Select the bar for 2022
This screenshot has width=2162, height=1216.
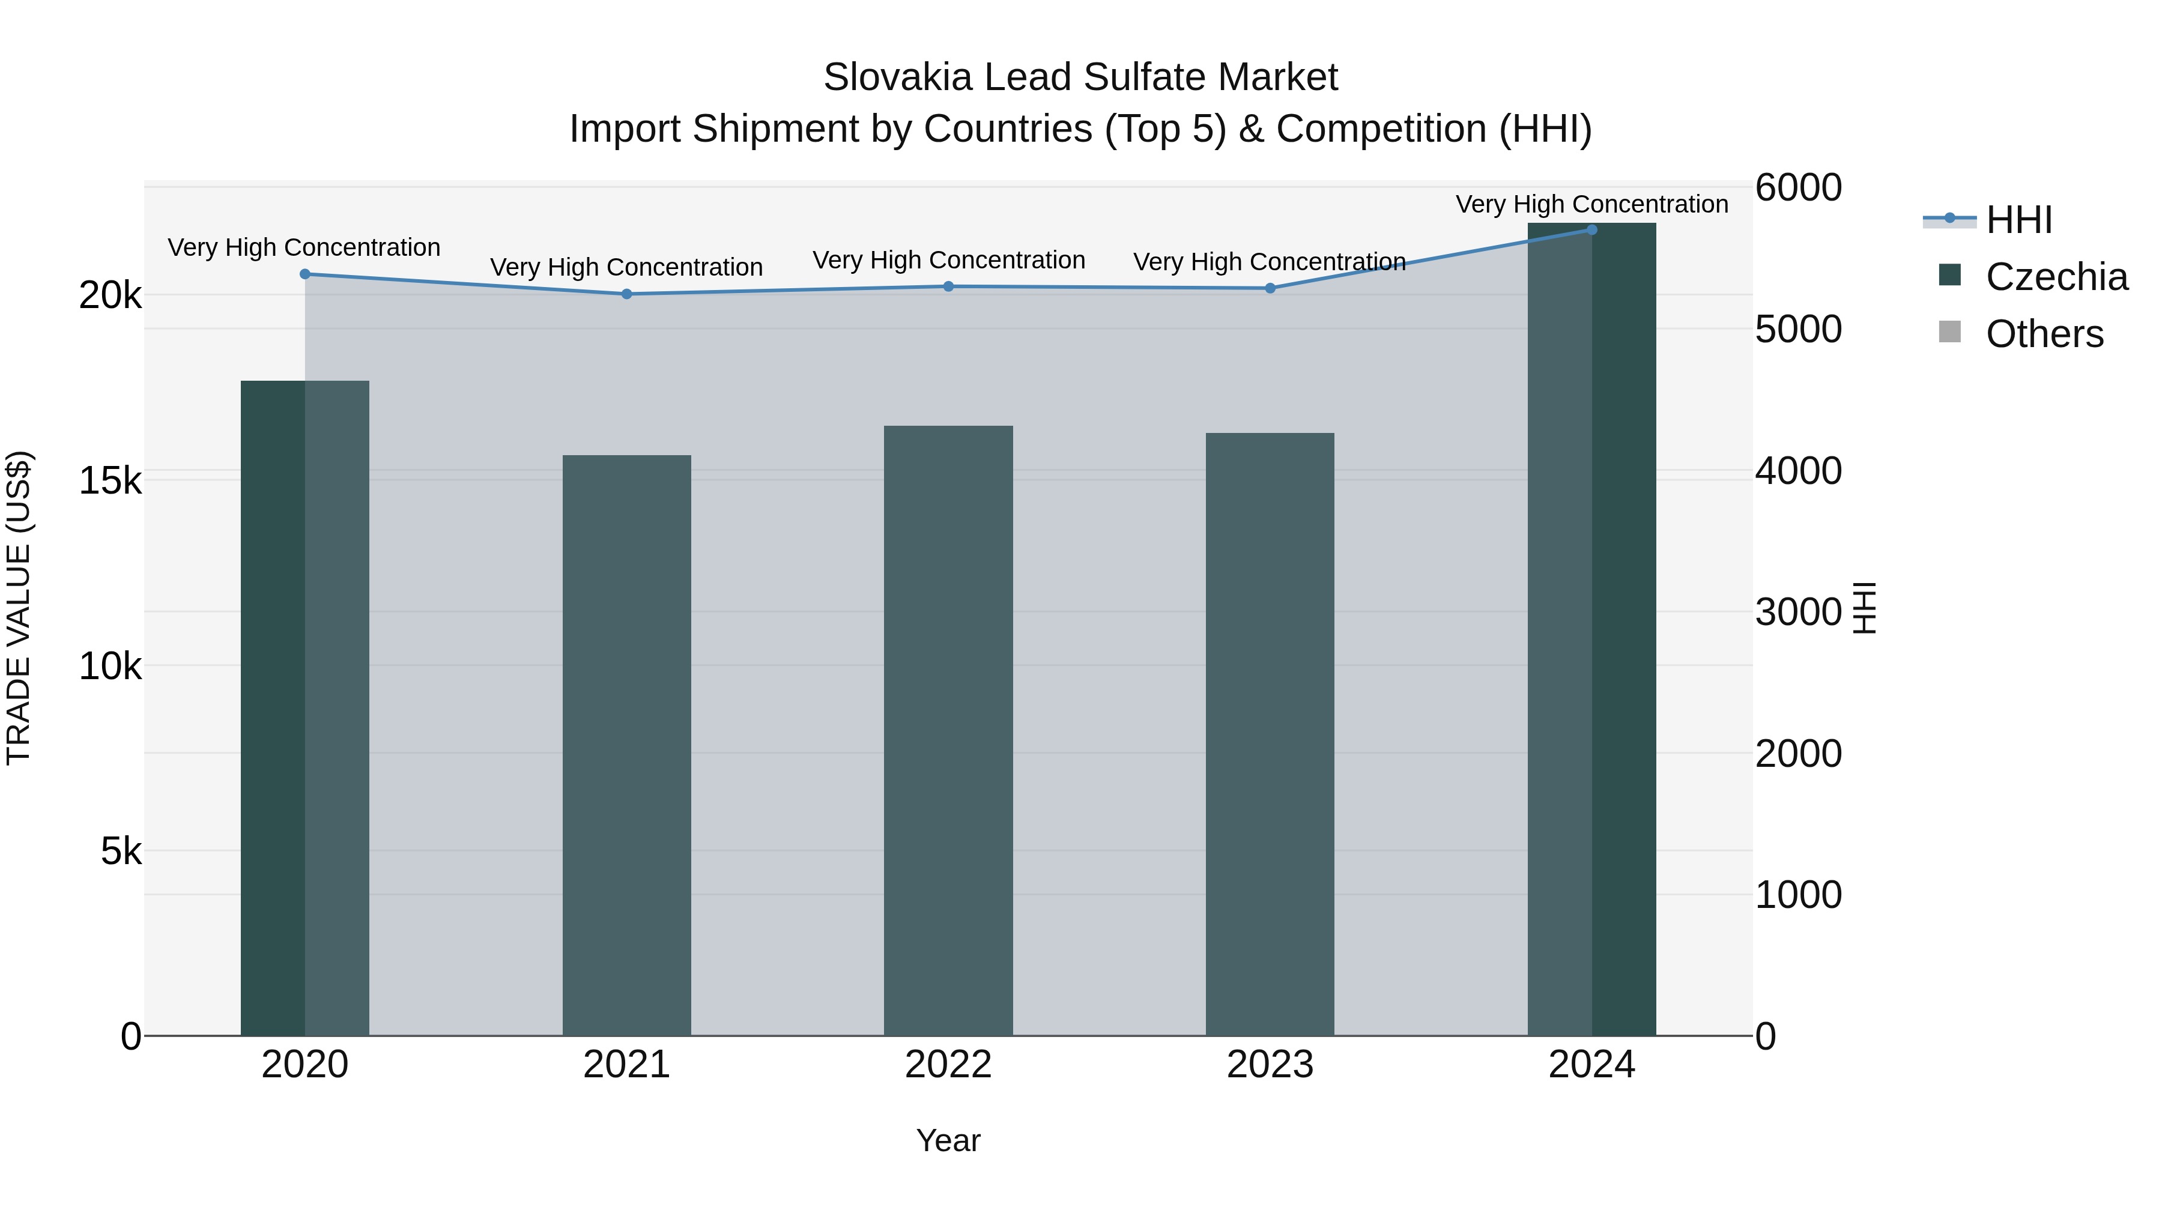[948, 730]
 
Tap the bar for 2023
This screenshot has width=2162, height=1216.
[1270, 734]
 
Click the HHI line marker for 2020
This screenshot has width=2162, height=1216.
[304, 274]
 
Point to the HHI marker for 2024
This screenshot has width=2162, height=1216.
[1591, 230]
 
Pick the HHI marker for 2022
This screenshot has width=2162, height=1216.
[948, 286]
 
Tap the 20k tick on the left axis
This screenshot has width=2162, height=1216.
[110, 295]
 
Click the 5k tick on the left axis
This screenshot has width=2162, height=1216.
[121, 852]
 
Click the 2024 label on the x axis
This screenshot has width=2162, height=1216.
[1591, 1065]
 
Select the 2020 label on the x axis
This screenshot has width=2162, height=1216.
[304, 1065]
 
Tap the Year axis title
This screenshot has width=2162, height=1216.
[948, 1140]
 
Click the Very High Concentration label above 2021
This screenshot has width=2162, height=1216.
[626, 268]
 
